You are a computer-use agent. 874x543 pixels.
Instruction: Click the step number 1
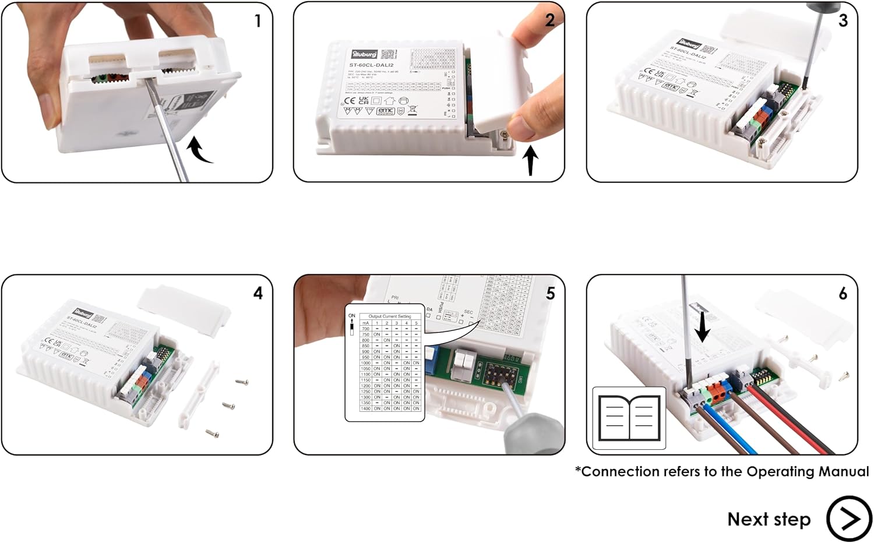[258, 22]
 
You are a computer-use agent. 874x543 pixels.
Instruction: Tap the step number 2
[549, 20]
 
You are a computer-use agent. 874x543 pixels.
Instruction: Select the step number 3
[843, 21]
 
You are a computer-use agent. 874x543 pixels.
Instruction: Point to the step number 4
[258, 293]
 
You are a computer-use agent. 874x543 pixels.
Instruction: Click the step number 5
[550, 294]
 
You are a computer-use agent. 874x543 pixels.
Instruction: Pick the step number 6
[843, 294]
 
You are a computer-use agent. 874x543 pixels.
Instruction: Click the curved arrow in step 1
[199, 150]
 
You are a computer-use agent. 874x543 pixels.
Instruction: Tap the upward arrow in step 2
[530, 160]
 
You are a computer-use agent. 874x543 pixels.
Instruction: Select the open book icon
[629, 418]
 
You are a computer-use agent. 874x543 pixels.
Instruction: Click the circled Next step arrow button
[848, 519]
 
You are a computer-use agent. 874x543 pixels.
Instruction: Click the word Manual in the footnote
[843, 471]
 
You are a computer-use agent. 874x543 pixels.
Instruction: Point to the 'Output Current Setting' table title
[390, 316]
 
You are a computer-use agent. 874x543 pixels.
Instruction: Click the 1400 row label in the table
[365, 408]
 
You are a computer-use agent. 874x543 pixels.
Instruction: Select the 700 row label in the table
[365, 329]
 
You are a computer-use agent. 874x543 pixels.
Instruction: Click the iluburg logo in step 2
[365, 54]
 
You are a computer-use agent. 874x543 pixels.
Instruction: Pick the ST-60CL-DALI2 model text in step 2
[371, 65]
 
